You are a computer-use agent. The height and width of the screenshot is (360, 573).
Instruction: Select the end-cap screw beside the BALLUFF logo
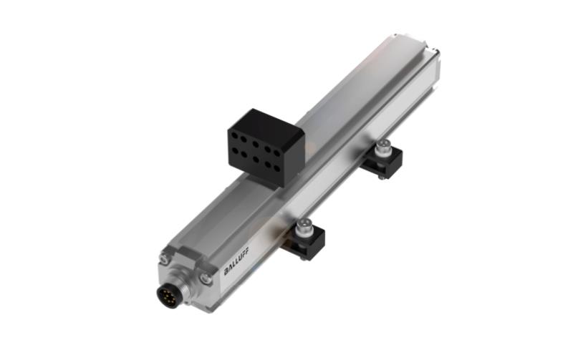pos(207,278)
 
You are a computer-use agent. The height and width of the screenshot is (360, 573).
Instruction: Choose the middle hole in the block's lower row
pos(256,159)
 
